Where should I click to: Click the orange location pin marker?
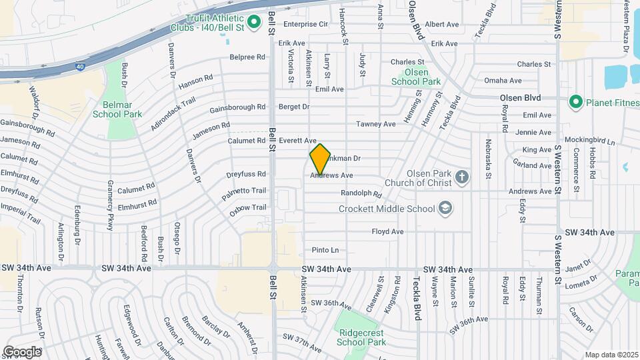point(320,159)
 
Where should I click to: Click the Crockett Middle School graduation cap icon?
point(447,209)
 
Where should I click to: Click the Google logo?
point(22,351)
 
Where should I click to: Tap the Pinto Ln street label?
point(325,251)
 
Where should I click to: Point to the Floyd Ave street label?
point(387,232)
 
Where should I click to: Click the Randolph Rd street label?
point(361,194)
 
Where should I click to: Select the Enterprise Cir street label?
point(306,24)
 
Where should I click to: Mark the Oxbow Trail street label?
point(247,207)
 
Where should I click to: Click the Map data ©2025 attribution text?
point(611,355)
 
